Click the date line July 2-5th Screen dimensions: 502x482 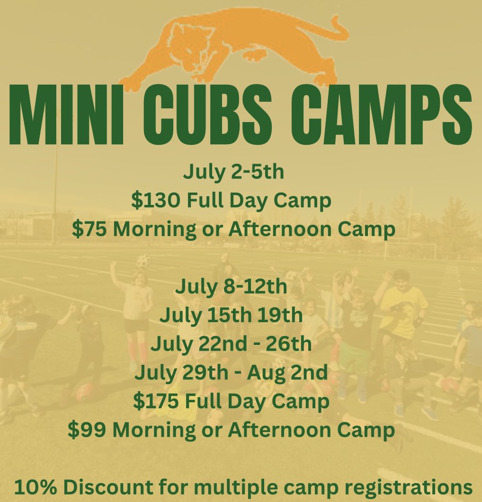233,172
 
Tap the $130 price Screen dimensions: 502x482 156,201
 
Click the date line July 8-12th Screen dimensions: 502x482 232,287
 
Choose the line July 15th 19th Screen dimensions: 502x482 231,315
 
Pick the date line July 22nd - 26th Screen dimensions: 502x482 231,344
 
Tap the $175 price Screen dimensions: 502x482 156,402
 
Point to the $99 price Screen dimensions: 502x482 88,431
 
